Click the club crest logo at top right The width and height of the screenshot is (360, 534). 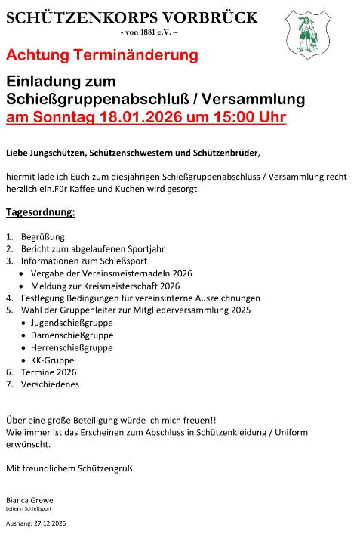(305, 35)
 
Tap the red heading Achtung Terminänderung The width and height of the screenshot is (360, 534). (102, 55)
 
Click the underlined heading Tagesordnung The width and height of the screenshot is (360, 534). (41, 212)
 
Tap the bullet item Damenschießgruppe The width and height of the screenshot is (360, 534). (72, 335)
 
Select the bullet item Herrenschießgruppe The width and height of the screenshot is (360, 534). (72, 347)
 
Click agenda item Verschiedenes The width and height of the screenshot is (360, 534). (50, 384)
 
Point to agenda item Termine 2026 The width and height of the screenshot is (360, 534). (48, 372)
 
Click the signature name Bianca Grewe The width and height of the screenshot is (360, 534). (29, 500)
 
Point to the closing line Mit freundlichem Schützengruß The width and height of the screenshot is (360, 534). (69, 468)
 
